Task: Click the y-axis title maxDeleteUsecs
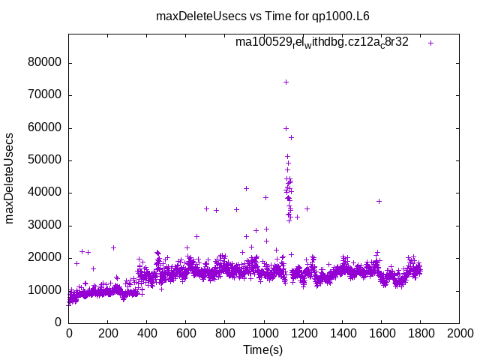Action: (x=10, y=178)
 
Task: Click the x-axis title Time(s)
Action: (x=263, y=350)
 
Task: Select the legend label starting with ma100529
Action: (x=322, y=43)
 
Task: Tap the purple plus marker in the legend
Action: (x=430, y=43)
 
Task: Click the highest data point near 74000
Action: (x=286, y=82)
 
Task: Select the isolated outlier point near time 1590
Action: (x=379, y=201)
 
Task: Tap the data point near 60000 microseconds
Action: (x=286, y=128)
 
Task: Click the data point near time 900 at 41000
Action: (x=246, y=188)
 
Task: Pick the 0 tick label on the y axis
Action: (x=58, y=322)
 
